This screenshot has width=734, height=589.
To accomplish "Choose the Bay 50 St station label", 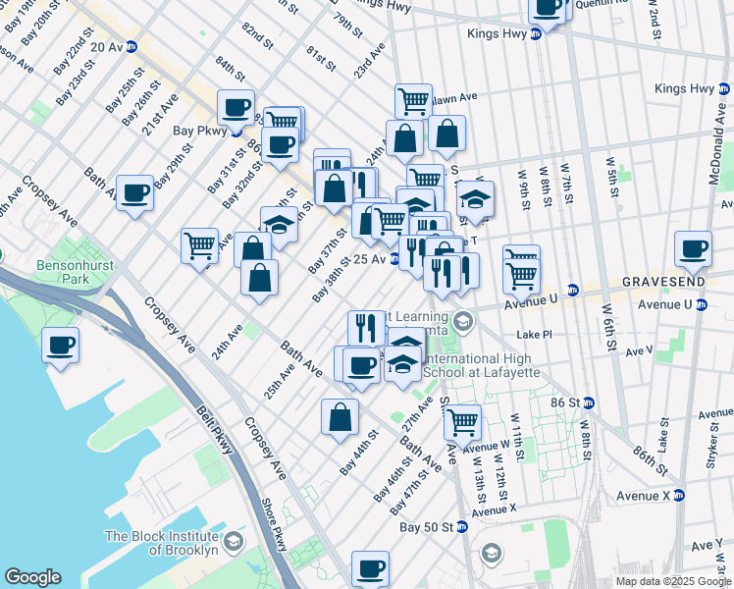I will (426, 527).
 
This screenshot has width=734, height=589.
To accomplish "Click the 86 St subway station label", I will (573, 402).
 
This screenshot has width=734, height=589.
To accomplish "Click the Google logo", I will (33, 577).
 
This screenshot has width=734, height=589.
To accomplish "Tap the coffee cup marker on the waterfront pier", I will (60, 346).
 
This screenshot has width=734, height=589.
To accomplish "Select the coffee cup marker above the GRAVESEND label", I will (693, 249).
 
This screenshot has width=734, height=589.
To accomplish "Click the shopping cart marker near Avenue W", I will (462, 423).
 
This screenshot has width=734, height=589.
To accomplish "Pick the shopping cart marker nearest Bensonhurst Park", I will (200, 244).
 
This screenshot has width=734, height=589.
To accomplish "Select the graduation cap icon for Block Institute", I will (234, 542).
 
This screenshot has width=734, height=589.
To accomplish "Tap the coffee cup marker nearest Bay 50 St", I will (370, 568).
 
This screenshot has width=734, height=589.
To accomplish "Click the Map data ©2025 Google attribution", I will (672, 581).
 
